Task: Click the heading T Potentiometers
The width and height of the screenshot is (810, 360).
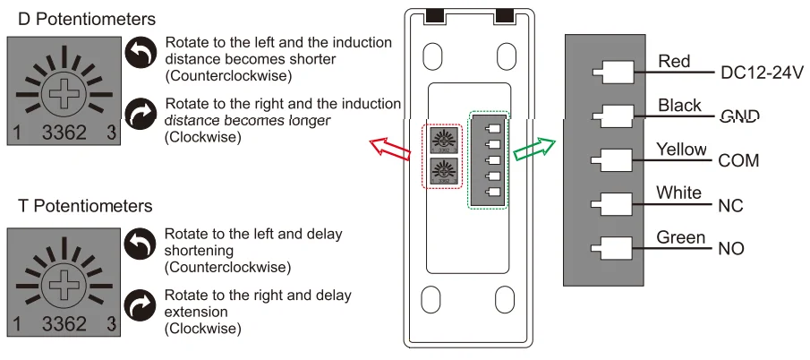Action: tap(85, 206)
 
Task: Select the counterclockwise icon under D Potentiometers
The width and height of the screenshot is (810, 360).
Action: tap(140, 55)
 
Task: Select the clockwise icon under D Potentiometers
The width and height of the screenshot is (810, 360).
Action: tap(140, 114)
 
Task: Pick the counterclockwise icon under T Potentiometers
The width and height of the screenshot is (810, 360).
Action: tap(140, 245)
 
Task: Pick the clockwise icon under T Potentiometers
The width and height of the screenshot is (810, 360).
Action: tap(140, 305)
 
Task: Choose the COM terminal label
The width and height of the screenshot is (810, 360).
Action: tap(738, 160)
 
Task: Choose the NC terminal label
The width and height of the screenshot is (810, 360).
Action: tap(730, 205)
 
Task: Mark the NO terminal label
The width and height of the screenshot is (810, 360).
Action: tap(731, 248)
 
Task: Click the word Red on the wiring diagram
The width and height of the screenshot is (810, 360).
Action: tap(674, 61)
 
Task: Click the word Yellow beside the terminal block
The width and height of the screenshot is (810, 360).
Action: tap(681, 150)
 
